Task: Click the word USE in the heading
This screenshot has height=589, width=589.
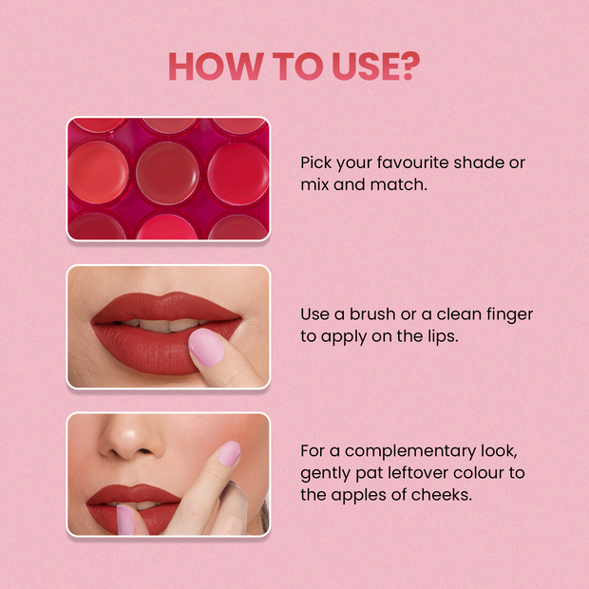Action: pos(357,66)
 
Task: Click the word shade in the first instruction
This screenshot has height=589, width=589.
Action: pos(484,162)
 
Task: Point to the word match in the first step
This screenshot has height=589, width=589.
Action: pos(398,184)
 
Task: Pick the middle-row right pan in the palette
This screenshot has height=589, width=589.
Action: pos(238,172)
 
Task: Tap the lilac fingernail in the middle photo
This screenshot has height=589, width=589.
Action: pos(205,347)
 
